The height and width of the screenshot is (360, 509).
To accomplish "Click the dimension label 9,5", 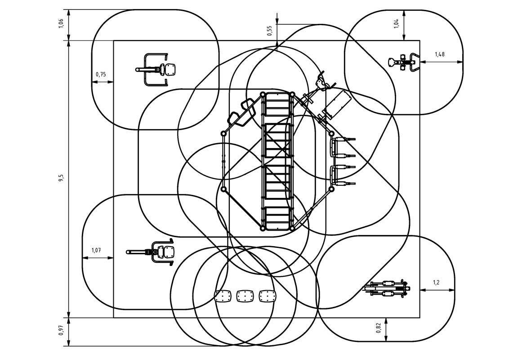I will pyautogui.click(x=61, y=178).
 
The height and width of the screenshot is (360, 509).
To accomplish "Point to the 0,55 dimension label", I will pyautogui.click(x=269, y=31).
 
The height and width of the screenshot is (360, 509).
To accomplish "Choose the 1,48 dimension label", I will pyautogui.click(x=439, y=54).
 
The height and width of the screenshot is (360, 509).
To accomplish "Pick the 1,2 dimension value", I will pyautogui.click(x=436, y=283).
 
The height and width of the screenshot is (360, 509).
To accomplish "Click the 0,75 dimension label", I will pyautogui.click(x=101, y=75).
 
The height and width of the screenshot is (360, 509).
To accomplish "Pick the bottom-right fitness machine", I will pyautogui.click(x=387, y=288).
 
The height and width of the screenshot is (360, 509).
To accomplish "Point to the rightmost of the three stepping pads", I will pyautogui.click(x=268, y=296).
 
